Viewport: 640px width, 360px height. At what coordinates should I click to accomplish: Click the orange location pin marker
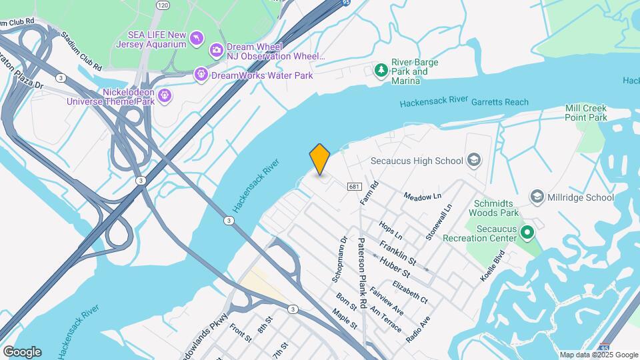click(320, 159)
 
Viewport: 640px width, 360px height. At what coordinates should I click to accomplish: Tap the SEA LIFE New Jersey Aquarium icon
click(196, 39)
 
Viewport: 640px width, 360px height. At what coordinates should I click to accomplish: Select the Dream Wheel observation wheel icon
click(216, 50)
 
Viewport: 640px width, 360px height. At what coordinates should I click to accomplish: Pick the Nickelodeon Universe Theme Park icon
click(165, 96)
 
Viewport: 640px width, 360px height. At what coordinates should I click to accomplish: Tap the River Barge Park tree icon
click(381, 70)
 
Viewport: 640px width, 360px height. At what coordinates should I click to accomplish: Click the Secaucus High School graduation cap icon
click(473, 160)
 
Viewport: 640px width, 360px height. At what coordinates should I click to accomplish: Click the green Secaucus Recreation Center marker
click(527, 233)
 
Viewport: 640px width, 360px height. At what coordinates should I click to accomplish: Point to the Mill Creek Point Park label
click(586, 113)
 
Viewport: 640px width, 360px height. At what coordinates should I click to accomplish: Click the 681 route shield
click(354, 187)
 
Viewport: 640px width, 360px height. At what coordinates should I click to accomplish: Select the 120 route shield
click(163, 5)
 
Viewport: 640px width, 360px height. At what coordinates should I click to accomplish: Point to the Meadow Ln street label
click(423, 196)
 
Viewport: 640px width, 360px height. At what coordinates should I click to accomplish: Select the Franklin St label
click(397, 253)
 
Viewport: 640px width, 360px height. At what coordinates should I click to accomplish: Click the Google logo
click(22, 352)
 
